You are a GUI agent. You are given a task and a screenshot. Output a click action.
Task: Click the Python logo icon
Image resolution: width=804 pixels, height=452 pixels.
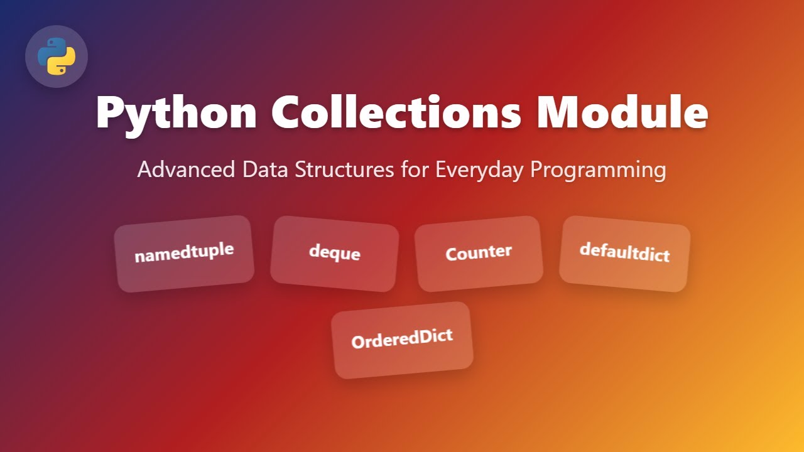(x=57, y=56)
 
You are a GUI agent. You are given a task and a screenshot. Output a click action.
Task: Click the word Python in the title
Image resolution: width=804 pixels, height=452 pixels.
(x=177, y=113)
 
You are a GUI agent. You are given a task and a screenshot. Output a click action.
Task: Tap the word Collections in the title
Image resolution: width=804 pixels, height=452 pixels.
(x=396, y=113)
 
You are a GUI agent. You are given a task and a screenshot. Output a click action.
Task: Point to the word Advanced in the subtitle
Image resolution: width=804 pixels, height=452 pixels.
(x=179, y=169)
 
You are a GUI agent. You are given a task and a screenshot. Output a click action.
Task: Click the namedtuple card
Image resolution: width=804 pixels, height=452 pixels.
(x=184, y=254)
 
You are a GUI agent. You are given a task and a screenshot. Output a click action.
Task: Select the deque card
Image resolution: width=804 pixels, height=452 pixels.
(x=335, y=254)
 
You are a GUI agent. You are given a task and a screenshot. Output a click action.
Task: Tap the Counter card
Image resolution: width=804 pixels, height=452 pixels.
(x=479, y=254)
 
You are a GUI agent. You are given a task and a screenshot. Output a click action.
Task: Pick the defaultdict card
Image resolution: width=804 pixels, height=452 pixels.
(x=624, y=254)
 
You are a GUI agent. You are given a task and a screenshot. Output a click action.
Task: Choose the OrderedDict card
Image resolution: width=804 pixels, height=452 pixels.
(x=402, y=340)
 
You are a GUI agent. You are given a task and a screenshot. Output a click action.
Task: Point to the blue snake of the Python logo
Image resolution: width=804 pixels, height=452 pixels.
(x=50, y=51)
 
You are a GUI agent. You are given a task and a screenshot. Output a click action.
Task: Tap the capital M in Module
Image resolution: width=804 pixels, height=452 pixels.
(x=562, y=113)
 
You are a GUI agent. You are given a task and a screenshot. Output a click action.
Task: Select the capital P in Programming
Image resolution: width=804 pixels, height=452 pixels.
(x=538, y=169)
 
